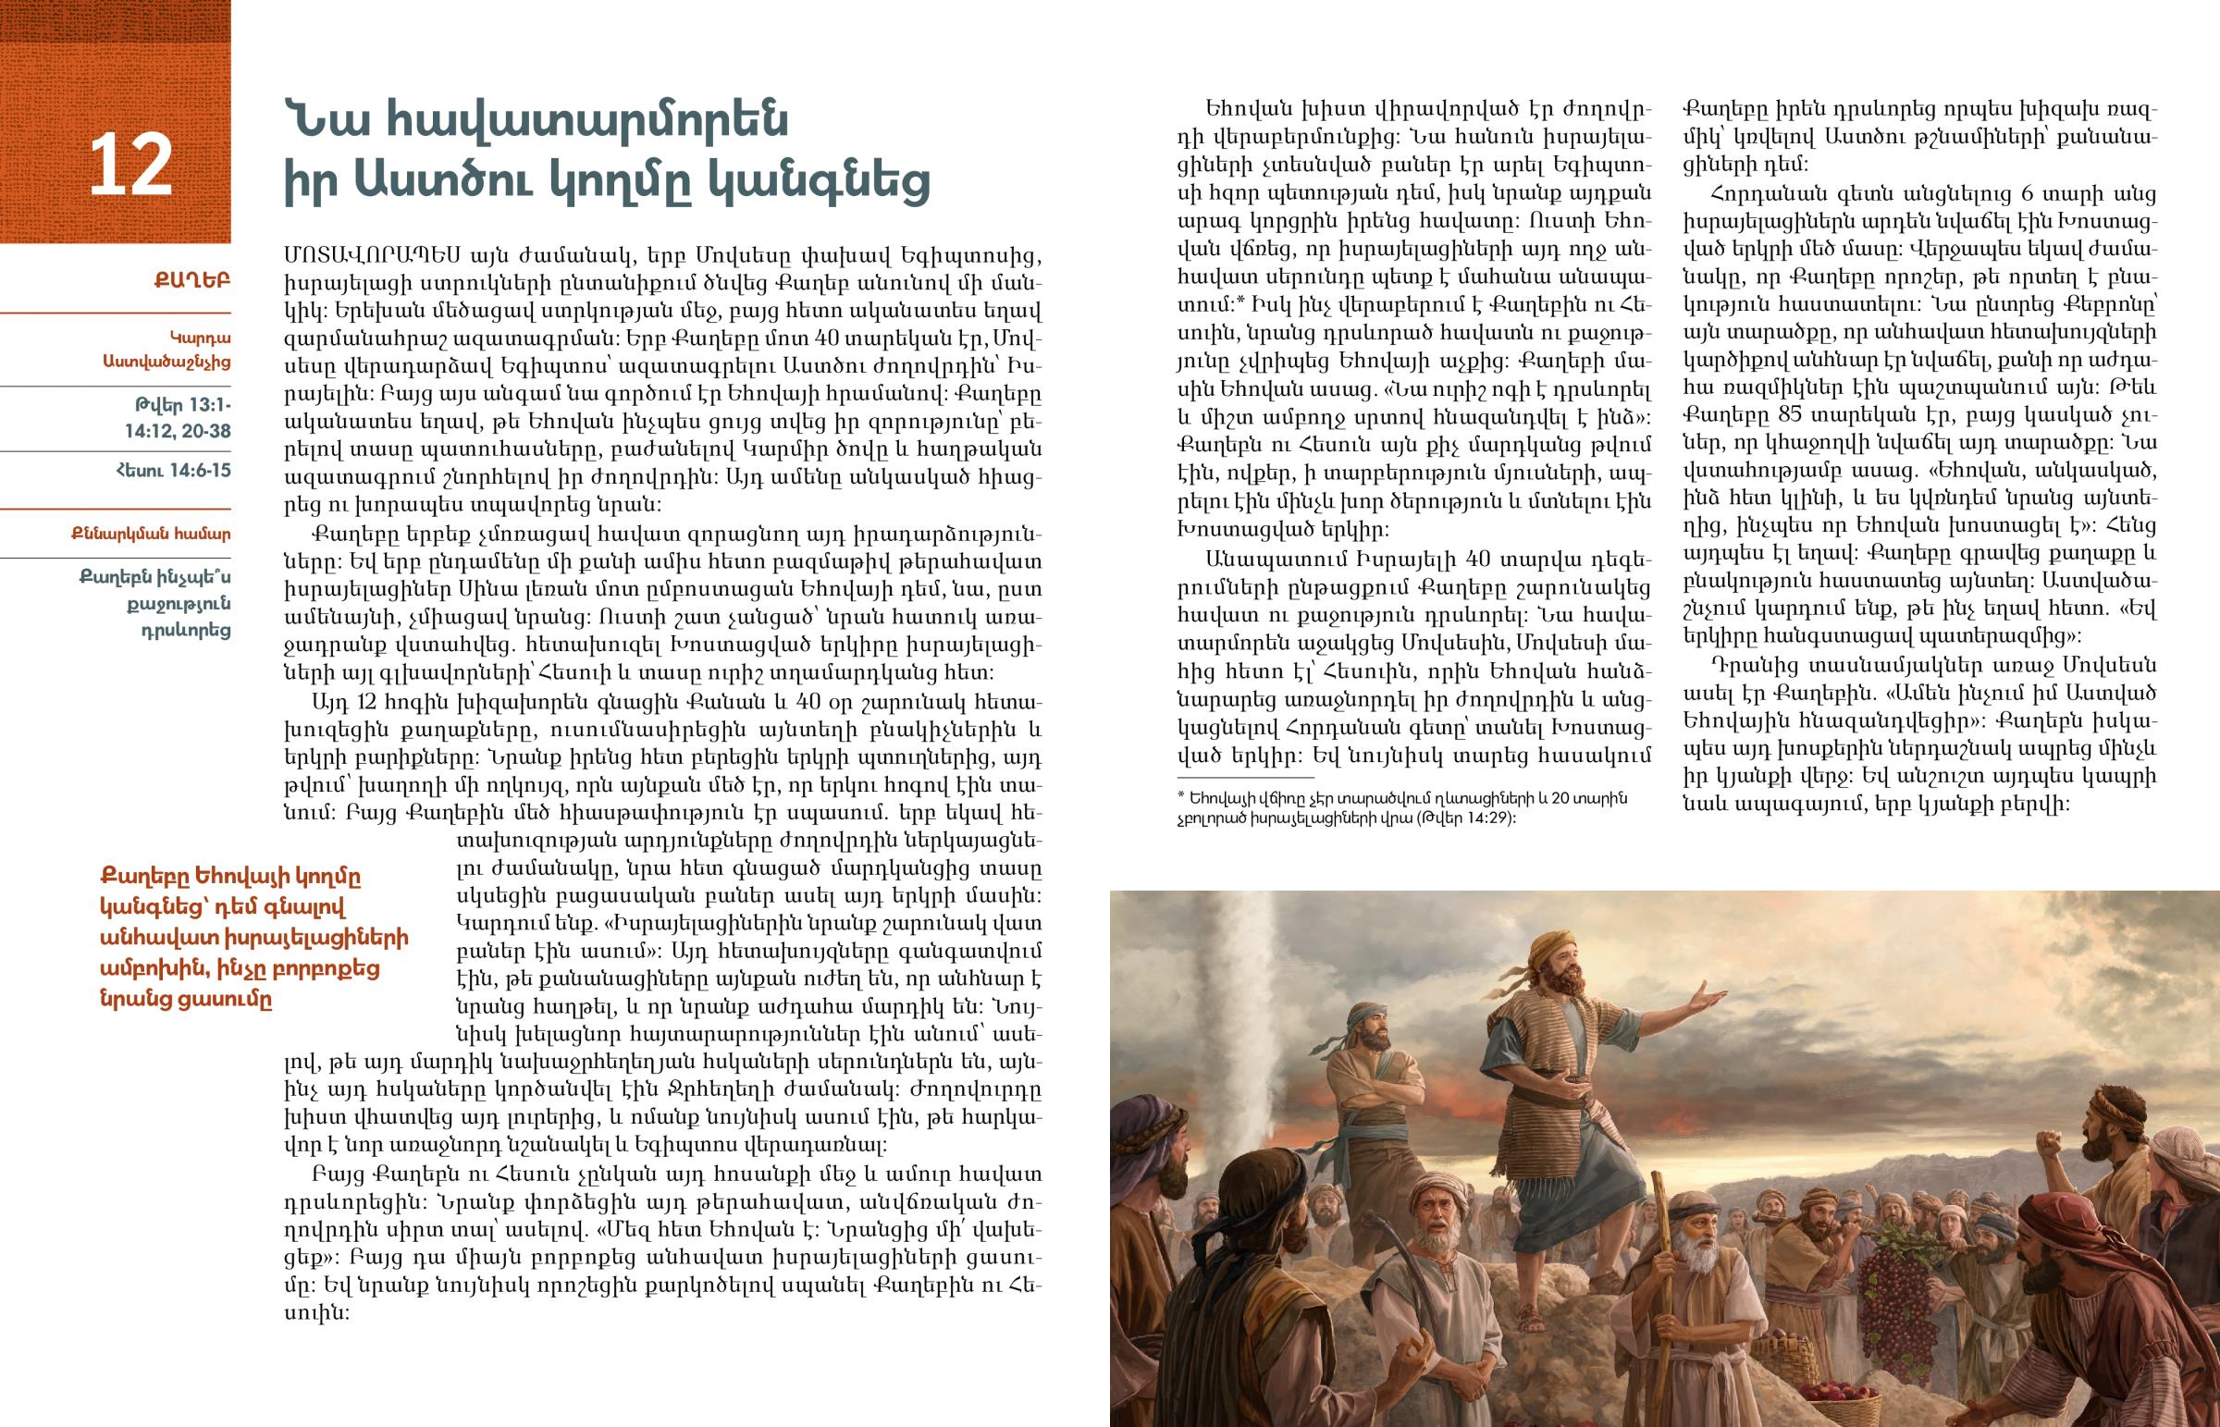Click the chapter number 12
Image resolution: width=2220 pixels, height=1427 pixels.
(130, 166)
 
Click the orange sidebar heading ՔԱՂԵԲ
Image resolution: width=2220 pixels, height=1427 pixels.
(192, 279)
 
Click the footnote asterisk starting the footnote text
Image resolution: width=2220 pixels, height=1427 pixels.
(1181, 799)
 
